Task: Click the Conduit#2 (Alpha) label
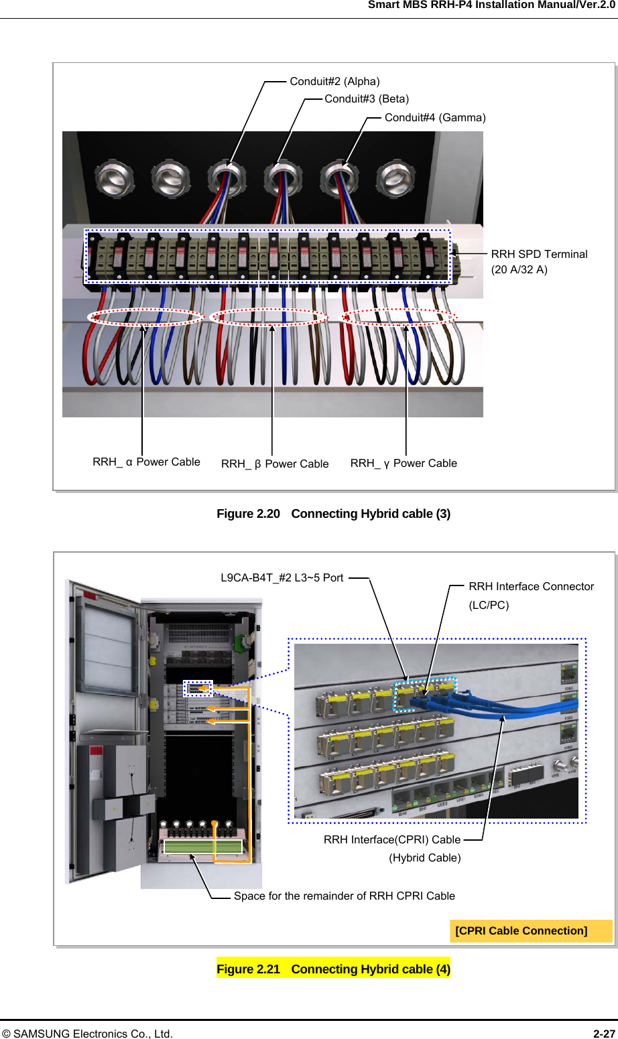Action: tap(334, 82)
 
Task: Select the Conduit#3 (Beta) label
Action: tap(367, 98)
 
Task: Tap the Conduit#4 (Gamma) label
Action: tap(435, 118)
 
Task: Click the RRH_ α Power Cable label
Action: tap(146, 462)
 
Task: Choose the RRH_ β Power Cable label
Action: tap(275, 464)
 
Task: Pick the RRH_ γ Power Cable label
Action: tap(404, 464)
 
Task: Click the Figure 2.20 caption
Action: tap(334, 514)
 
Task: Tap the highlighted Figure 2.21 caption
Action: tap(334, 969)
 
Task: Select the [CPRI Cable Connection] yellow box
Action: tap(531, 931)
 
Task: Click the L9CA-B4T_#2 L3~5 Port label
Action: tap(282, 578)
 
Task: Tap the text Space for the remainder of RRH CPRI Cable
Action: tap(345, 896)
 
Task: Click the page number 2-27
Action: tap(604, 1034)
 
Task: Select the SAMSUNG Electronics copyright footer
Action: tap(87, 1034)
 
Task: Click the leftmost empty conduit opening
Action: tap(114, 179)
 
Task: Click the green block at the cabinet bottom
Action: tap(202, 847)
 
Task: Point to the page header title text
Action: tap(491, 5)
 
